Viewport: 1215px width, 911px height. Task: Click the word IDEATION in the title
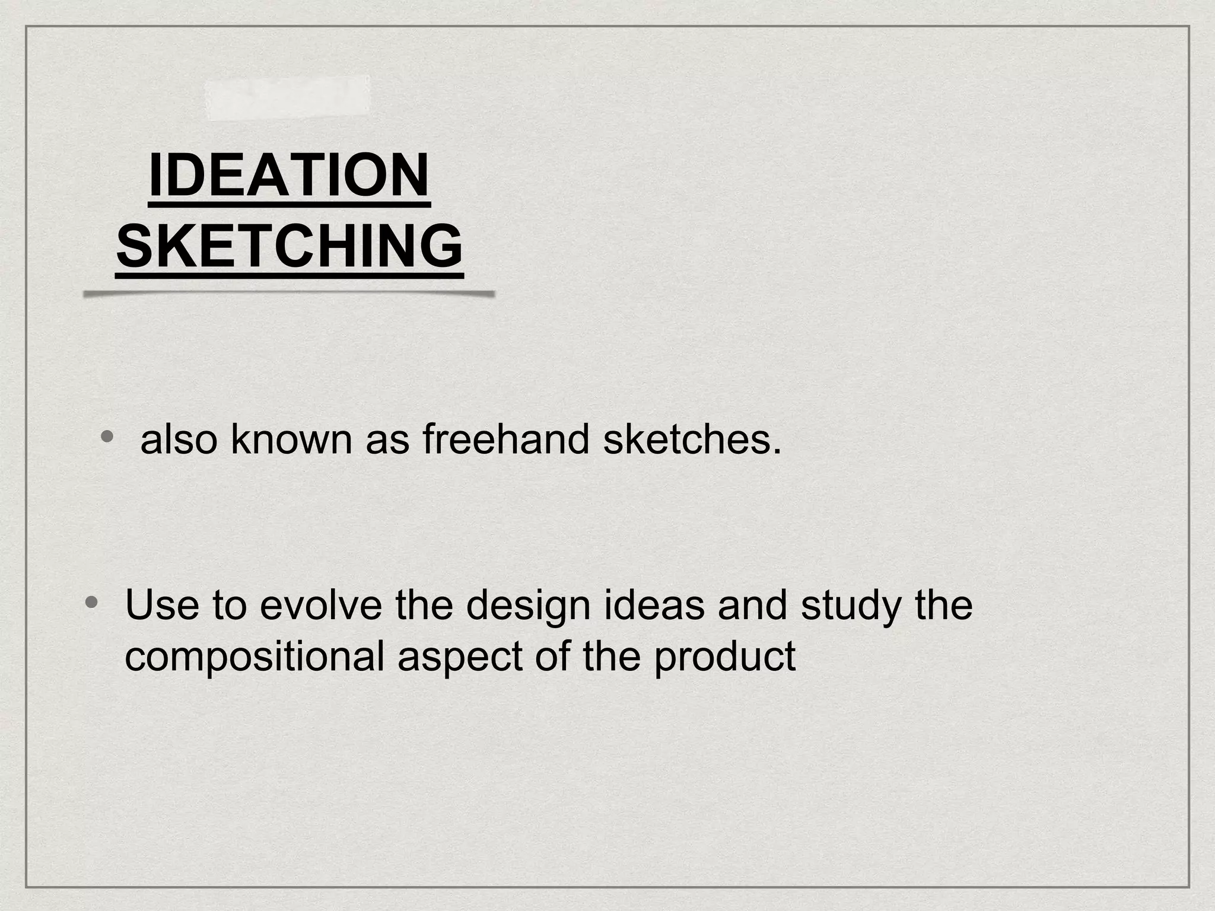289,176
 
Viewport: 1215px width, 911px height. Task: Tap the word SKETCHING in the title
290,246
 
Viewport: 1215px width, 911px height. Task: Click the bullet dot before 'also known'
107,437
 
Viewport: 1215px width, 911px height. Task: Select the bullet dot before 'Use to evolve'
91,603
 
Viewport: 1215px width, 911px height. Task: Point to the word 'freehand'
505,439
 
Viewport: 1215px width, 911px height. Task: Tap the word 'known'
291,439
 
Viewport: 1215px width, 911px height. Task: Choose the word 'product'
724,658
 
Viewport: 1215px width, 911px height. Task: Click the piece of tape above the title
288,97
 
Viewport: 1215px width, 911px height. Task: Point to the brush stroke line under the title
289,294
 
